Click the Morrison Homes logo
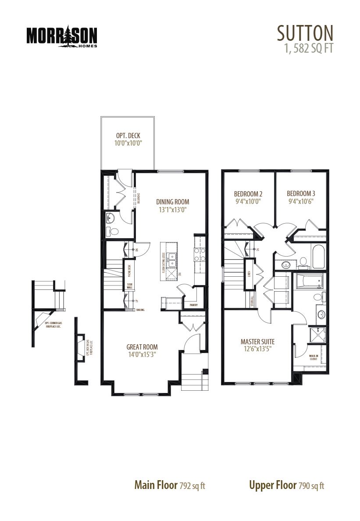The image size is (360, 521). [61, 37]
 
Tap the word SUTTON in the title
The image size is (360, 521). [305, 33]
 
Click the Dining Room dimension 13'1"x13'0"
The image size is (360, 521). [173, 210]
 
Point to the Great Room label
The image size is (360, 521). [142, 346]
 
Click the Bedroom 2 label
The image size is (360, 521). [248, 193]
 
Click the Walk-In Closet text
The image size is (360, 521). [314, 357]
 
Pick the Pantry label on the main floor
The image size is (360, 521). [194, 305]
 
